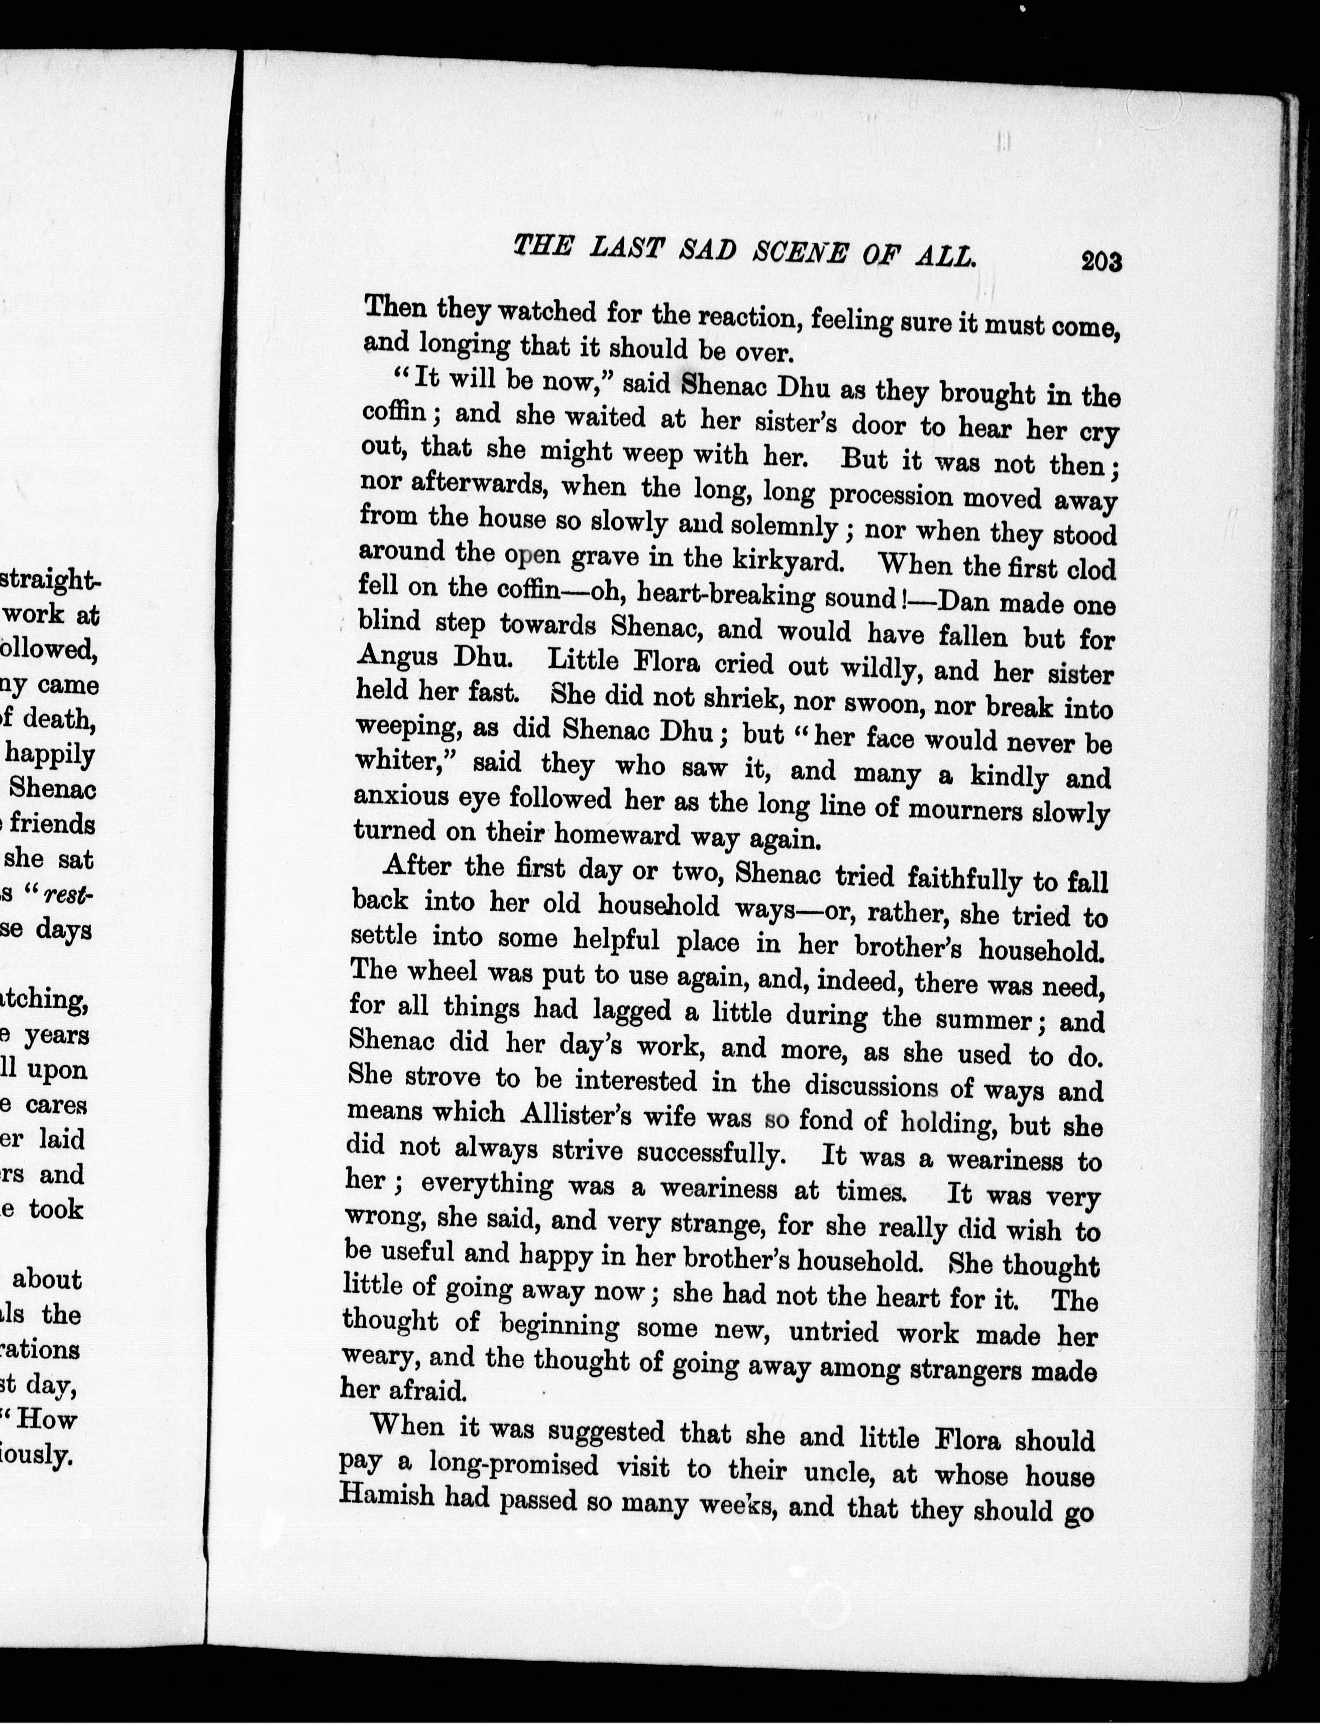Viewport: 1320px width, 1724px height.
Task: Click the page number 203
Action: (x=1101, y=261)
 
